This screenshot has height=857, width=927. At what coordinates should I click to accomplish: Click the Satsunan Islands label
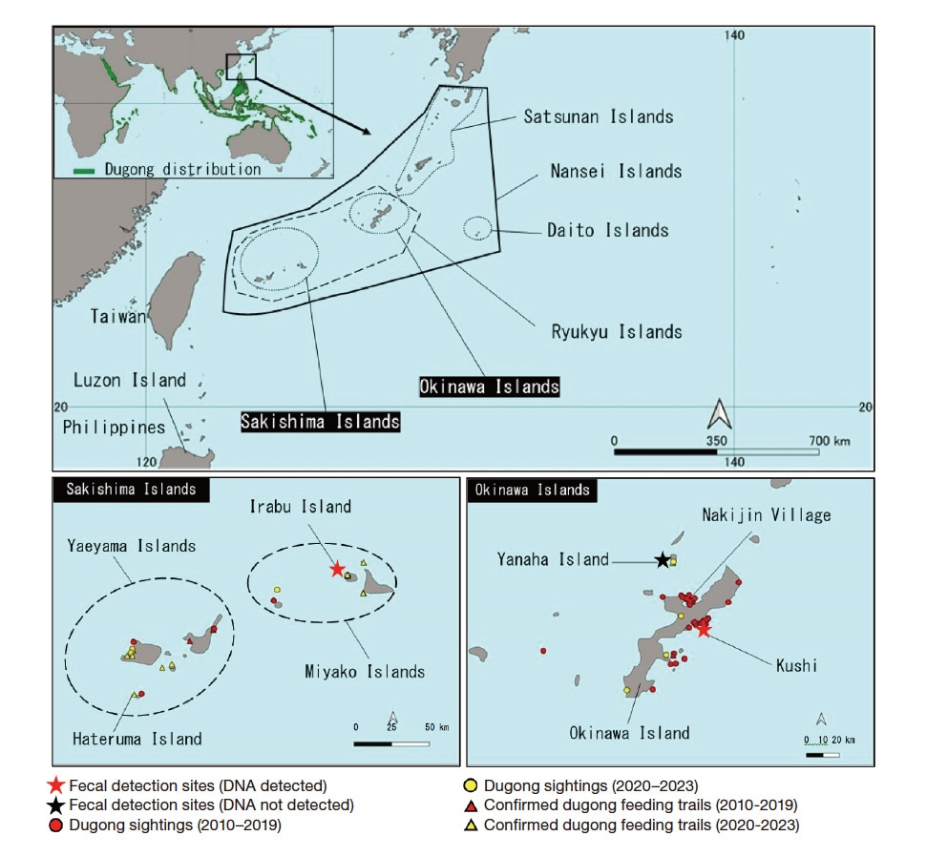point(598,116)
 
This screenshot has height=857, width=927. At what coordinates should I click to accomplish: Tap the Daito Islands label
point(607,230)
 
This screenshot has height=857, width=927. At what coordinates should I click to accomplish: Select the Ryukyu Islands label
point(616,332)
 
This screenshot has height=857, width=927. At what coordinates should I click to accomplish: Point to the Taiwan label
point(119,316)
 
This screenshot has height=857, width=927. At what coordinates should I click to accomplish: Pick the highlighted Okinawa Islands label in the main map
point(490,387)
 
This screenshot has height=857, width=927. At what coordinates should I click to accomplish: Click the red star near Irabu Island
point(336,569)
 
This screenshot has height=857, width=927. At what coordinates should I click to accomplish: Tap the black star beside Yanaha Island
point(662,559)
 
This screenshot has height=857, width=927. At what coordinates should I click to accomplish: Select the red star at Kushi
point(704,629)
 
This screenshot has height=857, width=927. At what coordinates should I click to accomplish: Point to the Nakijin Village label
point(766,515)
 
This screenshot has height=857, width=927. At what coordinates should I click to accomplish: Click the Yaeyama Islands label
point(131,546)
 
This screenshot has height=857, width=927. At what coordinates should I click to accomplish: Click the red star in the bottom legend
point(56,786)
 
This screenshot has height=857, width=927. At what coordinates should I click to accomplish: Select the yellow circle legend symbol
point(471,786)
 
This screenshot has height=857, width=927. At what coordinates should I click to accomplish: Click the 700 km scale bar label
point(827,441)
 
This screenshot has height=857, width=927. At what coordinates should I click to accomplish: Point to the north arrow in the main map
point(719,414)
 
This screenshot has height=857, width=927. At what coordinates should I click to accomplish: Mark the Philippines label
point(114,427)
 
